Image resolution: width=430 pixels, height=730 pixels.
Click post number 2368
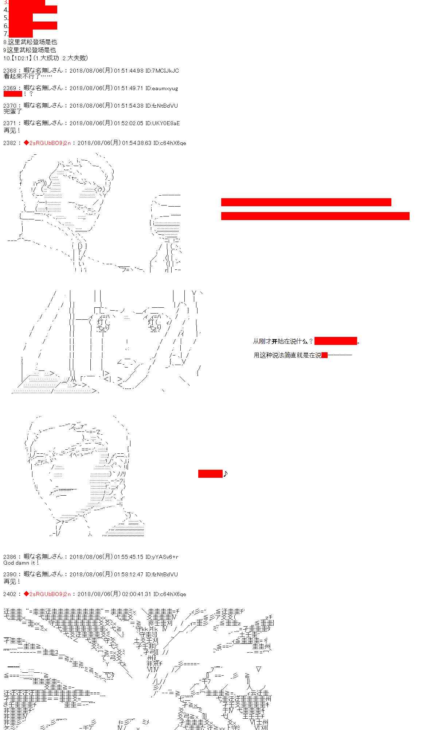pos(9,71)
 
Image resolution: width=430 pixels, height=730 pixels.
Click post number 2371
pos(9,123)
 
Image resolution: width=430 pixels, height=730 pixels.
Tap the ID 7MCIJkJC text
pos(165,71)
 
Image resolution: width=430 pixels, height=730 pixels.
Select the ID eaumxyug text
pos(165,88)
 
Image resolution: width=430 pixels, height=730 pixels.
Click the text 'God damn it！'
pos(21,563)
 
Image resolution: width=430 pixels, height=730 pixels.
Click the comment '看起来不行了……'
pos(28,76)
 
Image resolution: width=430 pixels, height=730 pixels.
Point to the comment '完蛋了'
pos(13,111)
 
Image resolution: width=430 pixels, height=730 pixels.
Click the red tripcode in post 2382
pos(47,143)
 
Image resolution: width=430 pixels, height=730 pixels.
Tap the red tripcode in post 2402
pos(47,594)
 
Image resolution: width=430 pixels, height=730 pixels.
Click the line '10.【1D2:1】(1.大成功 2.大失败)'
pos(46,58)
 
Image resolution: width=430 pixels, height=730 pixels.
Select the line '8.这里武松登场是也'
pos(30,42)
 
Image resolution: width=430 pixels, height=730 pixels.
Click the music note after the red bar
pos(225,474)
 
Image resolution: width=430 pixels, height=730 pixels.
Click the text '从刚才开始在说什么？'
pos(283,342)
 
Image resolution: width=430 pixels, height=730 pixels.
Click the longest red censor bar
pos(315,216)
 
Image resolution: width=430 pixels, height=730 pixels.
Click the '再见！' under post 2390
pos(12,581)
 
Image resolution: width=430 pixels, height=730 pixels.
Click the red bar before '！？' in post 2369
pos(13,94)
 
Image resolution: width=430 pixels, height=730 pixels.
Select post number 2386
pos(9,557)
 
